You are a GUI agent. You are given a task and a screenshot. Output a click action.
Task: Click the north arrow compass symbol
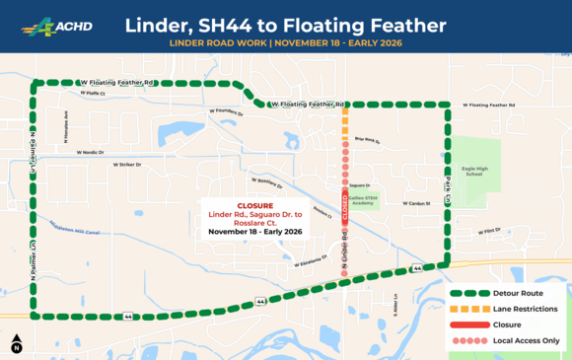point(17,344)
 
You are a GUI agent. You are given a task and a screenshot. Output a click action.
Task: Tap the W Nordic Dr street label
point(84,152)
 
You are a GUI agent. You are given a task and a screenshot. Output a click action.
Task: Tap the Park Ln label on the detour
point(446,183)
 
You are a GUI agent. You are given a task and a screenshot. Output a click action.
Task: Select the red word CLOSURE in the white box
point(254,206)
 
